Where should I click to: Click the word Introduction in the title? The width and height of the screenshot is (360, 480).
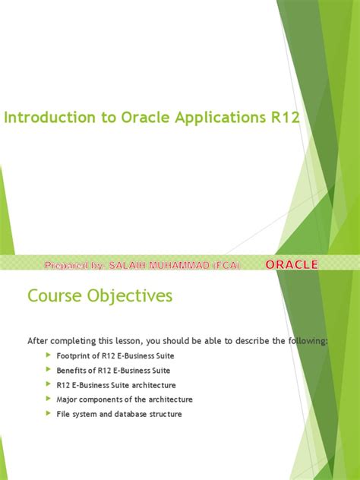click(x=43, y=118)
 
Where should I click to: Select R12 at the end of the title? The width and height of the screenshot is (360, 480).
click(x=284, y=118)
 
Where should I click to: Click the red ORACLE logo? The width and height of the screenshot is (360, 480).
click(x=292, y=264)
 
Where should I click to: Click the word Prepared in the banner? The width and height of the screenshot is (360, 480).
click(x=68, y=264)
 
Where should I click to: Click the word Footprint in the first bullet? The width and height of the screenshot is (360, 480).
click(x=73, y=355)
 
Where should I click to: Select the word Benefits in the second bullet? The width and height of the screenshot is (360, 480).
click(x=71, y=370)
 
